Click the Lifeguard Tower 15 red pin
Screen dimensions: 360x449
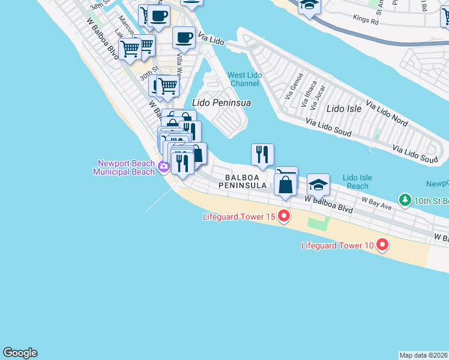coord(283,216)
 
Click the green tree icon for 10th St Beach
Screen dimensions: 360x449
coord(405,199)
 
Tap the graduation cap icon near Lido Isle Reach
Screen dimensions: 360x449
coord(318,185)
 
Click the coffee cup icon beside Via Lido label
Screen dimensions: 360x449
coord(184,38)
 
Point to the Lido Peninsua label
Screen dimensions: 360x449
coord(221,103)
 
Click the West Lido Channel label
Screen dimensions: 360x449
coord(243,79)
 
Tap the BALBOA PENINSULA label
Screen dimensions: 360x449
coord(246,182)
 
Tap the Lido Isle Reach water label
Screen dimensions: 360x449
coord(358,182)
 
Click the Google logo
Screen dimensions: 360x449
coord(20,353)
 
